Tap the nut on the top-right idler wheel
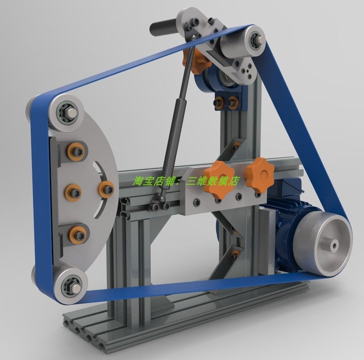(257, 39)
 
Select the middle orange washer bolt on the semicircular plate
(74, 192)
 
